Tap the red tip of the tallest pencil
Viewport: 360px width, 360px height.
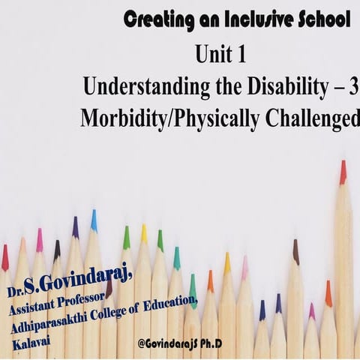click(343, 172)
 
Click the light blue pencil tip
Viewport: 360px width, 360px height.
click(94, 220)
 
